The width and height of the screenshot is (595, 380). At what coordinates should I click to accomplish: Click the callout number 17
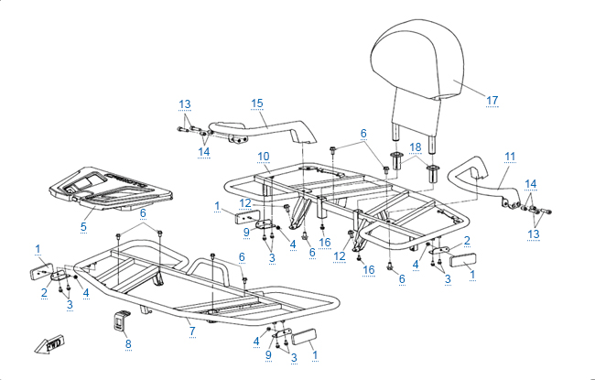point(492,99)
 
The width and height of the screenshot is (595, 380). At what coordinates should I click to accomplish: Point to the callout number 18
point(415,147)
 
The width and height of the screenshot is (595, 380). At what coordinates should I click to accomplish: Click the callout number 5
point(83,224)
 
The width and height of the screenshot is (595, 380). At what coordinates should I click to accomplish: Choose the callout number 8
point(127,343)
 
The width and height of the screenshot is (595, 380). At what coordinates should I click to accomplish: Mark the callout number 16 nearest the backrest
point(324,241)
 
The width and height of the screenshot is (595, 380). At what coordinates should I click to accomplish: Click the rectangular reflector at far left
point(42,272)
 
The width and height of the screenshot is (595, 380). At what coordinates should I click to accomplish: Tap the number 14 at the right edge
point(531,183)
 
